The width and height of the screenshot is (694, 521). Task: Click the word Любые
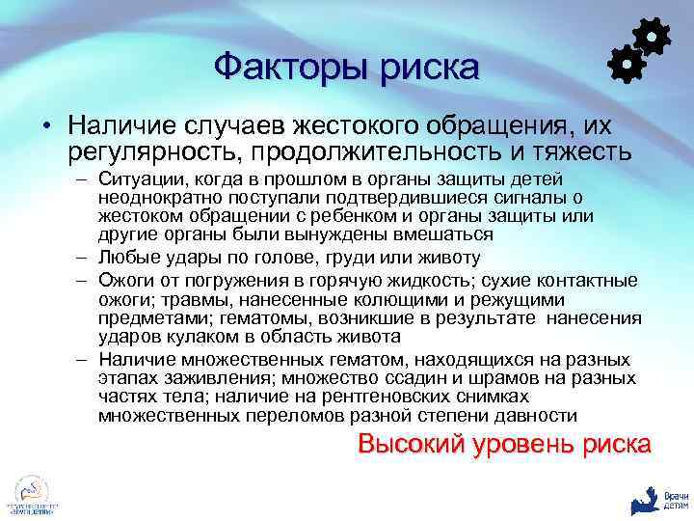coord(124,258)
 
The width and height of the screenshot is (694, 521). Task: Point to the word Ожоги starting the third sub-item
coord(124,281)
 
